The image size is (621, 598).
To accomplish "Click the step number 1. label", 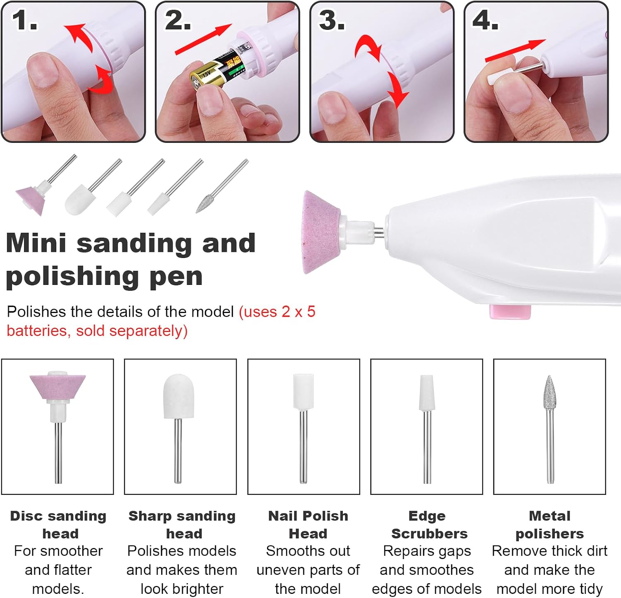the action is (x=25, y=20).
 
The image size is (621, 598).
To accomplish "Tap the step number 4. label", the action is (x=486, y=20).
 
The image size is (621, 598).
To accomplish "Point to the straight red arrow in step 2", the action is (x=203, y=39).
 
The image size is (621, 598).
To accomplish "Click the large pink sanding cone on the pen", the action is (x=323, y=232).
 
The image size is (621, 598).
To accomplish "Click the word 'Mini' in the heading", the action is (x=36, y=243).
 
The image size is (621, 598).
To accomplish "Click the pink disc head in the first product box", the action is (x=58, y=388).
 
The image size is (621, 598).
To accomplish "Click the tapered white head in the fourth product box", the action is (x=426, y=393).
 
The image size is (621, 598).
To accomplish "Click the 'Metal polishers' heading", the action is (x=550, y=525).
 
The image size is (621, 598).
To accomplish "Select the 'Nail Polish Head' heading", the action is (x=308, y=525).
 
